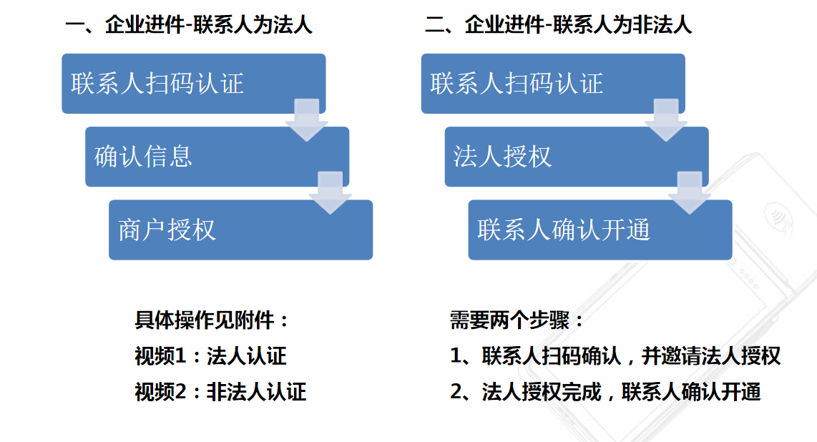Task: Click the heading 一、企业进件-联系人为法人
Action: coord(189,25)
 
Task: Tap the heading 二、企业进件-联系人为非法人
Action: coord(558,25)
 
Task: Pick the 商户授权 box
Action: coord(240,230)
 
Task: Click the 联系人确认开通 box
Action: coord(600,230)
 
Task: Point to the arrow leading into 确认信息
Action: coord(307,119)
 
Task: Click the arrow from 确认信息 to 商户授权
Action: coord(331,192)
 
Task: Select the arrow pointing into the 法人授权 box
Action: coord(666,119)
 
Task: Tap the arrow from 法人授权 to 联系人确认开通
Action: coord(690,192)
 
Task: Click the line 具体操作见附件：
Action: coord(212,320)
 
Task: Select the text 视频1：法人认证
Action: coord(210,356)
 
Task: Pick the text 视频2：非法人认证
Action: coord(220,391)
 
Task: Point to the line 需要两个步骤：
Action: coord(517,320)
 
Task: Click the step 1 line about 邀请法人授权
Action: coord(615,356)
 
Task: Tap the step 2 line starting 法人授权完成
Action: coord(605,391)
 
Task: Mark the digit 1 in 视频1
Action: coord(180,356)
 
